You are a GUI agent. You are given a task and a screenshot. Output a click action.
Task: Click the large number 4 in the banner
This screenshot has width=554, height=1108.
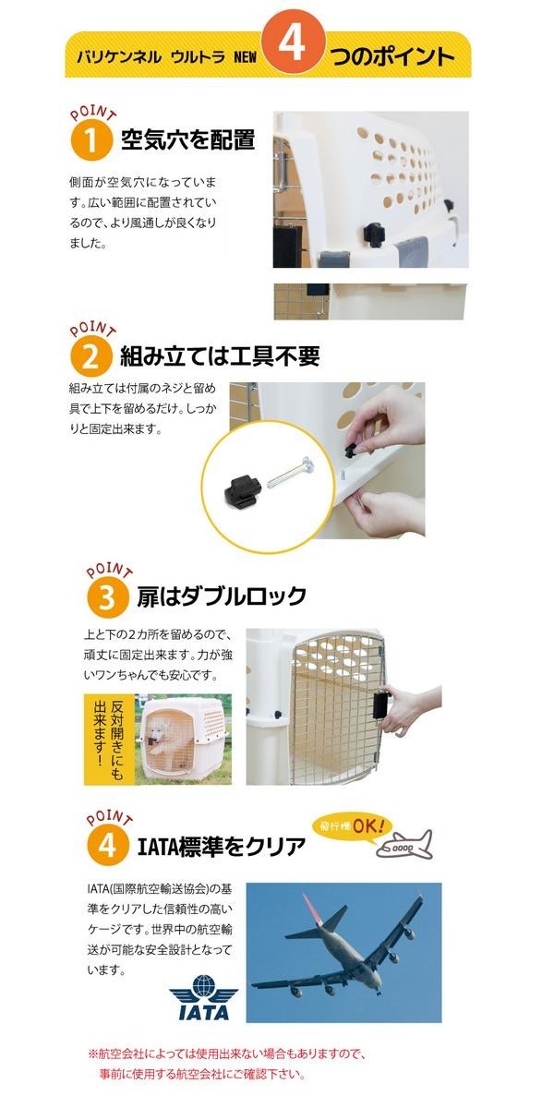293,43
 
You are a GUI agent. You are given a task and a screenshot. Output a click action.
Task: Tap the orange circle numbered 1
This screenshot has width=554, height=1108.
91,140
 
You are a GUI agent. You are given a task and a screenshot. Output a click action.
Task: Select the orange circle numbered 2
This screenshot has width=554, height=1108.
90,357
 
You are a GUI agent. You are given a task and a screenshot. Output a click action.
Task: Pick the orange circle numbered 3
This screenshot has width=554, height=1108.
107,597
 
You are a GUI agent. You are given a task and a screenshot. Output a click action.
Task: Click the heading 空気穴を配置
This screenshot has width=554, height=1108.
188,140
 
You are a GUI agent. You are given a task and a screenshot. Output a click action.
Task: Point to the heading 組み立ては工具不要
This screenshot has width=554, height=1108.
220,356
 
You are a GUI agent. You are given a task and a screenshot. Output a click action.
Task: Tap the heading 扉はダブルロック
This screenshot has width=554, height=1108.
222,596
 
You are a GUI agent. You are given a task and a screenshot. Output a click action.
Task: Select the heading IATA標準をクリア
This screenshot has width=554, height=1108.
221,846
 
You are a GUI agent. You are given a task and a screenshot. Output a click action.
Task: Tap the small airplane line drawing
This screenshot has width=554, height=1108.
404,844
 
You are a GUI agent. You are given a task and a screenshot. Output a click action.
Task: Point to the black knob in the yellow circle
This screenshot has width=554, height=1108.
243,489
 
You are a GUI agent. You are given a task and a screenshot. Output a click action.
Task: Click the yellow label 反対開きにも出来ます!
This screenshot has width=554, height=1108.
109,739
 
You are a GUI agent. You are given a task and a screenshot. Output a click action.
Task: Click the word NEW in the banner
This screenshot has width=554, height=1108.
246,57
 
